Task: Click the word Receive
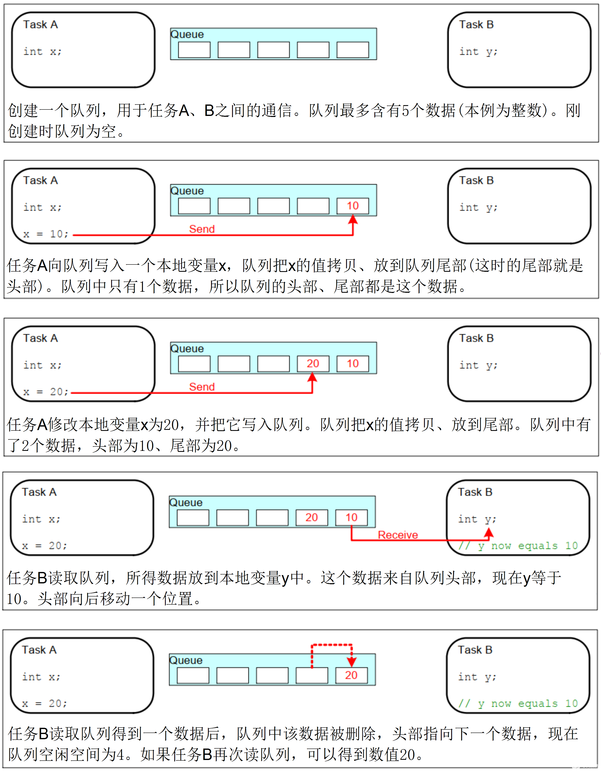coord(398,535)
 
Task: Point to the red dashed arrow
coord(331,645)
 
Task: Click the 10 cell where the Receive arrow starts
coord(351,518)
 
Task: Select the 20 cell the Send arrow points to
coord(313,364)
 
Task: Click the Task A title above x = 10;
coord(41,180)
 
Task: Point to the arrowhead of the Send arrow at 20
coord(312,377)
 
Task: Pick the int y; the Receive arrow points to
coord(477,519)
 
